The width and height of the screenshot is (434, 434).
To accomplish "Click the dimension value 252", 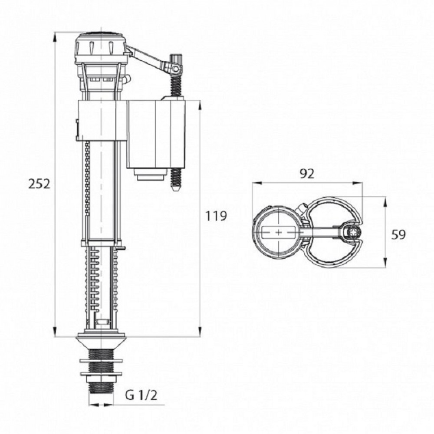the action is tap(39, 184).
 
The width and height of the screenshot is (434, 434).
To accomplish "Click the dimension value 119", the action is tap(216, 216).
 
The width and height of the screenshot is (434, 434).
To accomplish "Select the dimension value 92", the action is tap(307, 174).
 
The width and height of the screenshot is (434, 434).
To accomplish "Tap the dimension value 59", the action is tap(398, 234).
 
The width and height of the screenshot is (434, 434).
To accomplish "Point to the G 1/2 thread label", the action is tap(141, 395).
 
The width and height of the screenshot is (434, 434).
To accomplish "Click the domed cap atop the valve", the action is tap(101, 44).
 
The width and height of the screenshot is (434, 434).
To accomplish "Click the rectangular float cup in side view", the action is tap(155, 134).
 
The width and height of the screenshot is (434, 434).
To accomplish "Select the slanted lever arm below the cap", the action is tap(147, 58).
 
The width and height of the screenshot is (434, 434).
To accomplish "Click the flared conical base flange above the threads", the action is tap(101, 343).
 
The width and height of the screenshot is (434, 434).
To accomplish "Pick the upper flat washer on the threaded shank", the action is tap(101, 361).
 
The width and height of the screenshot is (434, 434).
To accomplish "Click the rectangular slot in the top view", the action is tap(278, 232).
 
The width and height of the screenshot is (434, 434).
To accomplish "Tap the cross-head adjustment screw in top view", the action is tap(353, 232).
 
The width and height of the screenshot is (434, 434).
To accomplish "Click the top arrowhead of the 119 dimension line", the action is tap(200, 105).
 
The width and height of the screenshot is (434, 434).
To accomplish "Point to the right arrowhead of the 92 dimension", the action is tap(358, 183).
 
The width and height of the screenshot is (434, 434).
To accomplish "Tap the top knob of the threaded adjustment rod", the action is tap(176, 59).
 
